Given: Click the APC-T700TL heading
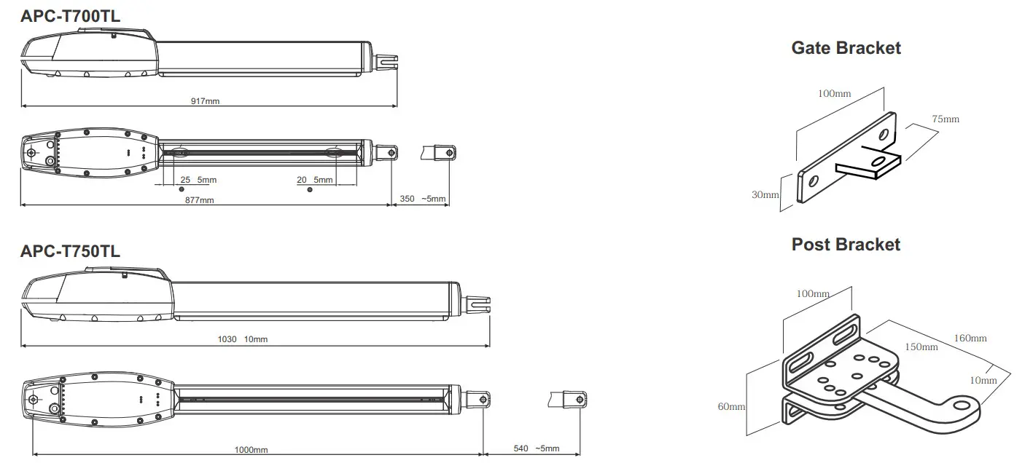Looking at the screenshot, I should coord(70,17).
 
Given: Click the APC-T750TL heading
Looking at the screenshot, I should coord(70,251).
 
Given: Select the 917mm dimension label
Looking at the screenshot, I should coord(205,101).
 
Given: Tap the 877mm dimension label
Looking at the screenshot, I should coord(199,199).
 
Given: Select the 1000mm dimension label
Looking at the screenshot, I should coord(251,450).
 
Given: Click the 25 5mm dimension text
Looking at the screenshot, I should coord(198,180).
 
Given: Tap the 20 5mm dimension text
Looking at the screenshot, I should coord(314,180).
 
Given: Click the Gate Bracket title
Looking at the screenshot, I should coord(846,48).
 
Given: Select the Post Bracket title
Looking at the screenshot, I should coord(846,245).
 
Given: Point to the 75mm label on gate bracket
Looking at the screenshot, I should coord(945,119).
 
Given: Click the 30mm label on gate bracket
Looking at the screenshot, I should coord(766,194).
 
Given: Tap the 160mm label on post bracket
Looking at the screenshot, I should coord(970,338).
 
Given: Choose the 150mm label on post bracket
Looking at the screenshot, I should coord(921,347).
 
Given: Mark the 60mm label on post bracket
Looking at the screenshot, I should coord(731,406).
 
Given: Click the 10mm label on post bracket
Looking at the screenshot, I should coord(983,380).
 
